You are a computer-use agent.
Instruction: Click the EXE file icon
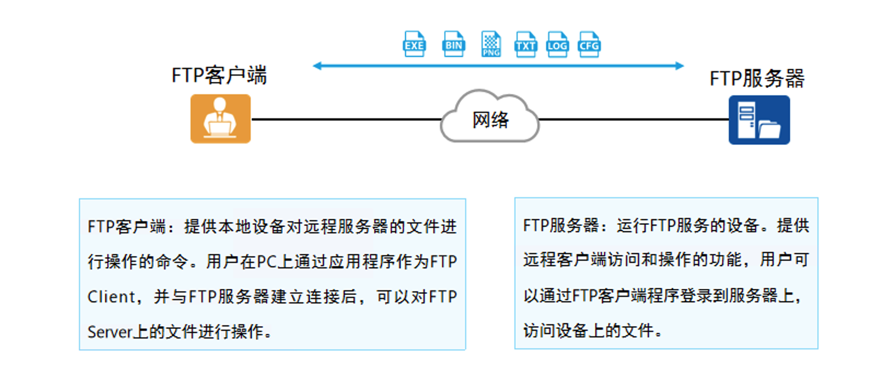[414, 44]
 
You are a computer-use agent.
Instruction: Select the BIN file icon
[454, 44]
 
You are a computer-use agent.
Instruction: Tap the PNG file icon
[491, 44]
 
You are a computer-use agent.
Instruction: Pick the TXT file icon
[525, 44]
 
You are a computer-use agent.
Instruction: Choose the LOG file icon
[557, 44]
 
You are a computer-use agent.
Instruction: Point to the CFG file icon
[589, 44]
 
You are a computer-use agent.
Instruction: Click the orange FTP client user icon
[221, 119]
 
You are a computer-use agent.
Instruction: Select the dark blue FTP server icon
[759, 120]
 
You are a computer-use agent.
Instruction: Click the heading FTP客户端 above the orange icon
[219, 75]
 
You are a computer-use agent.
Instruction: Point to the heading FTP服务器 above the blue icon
[757, 78]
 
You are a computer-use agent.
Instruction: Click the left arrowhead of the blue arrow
[317, 66]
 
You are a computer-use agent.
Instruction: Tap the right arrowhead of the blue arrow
[680, 66]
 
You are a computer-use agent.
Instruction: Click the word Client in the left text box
[111, 297]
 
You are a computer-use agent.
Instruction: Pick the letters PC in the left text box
[266, 262]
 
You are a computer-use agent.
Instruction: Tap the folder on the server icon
[769, 129]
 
